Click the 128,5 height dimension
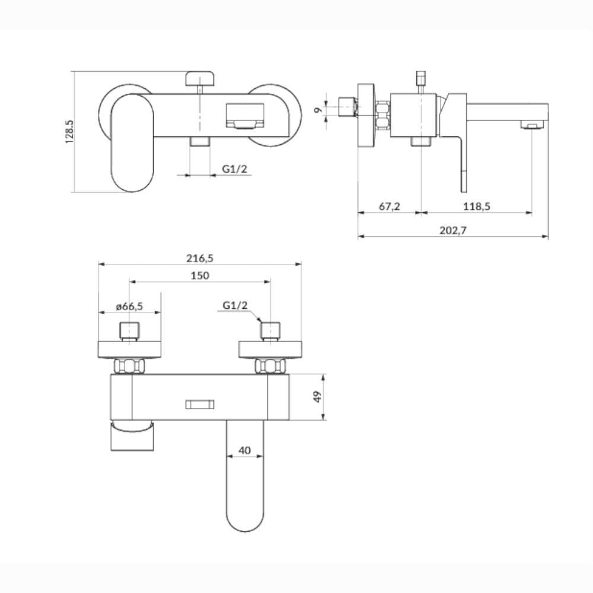pos(70,132)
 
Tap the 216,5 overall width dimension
pos(199,258)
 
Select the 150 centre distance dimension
pos(200,275)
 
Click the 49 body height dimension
pos(319,397)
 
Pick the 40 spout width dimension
pos(244,450)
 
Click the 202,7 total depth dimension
pos(453,231)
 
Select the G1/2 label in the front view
pos(234,169)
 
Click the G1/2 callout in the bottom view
pos(235,305)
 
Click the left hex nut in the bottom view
pos(131,366)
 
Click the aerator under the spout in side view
pos(533,125)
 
